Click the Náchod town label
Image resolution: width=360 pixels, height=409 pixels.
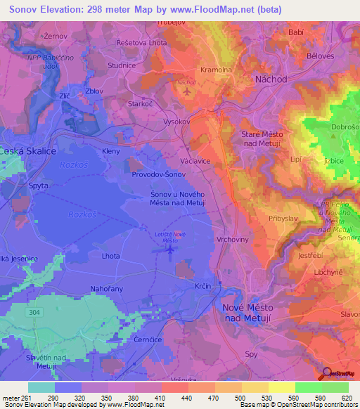[271, 79]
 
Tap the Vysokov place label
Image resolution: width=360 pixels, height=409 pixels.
[158, 119]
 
